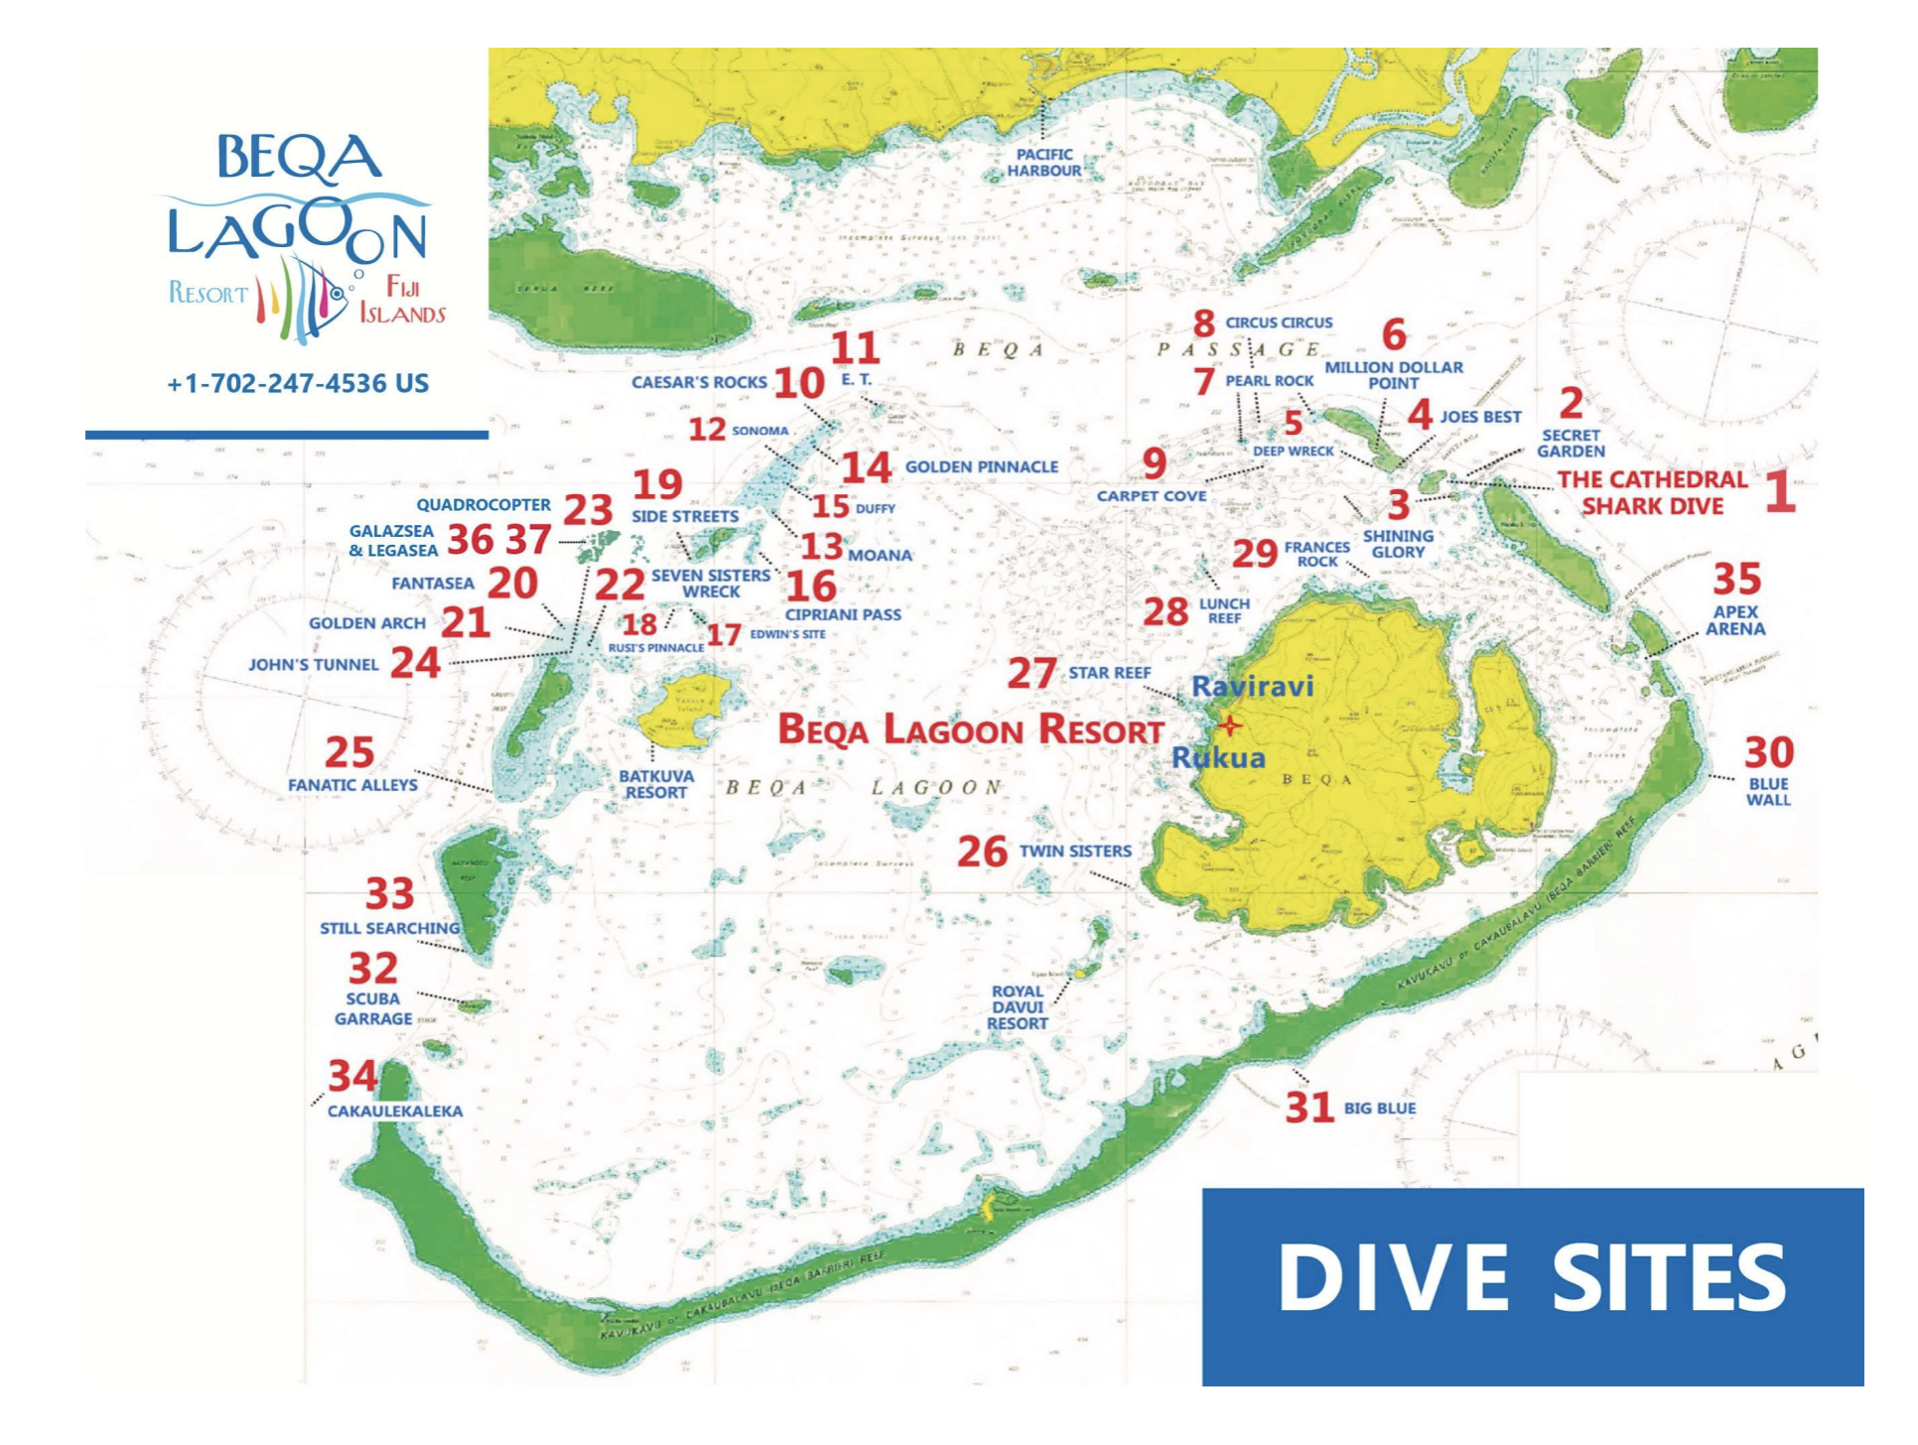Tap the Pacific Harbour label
pos(1043,163)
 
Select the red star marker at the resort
pos(1230,725)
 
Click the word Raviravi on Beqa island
pos(1252,686)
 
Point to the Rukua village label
pos(1218,758)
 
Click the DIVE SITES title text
pos(1532,1277)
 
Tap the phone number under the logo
pos(298,383)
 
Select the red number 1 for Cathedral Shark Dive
pos(1780,492)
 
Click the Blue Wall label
pos(1768,791)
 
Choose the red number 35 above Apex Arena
pos(1736,579)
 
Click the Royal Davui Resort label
pos(1018,1006)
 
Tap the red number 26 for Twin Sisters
pos(982,852)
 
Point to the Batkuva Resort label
pos(655,784)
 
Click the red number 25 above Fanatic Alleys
pos(349,751)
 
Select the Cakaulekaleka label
pos(395,1111)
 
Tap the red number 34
pos(352,1076)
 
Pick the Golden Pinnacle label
pos(981,466)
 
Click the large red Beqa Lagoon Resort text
pos(970,729)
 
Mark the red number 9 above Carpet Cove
pos(1154,462)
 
